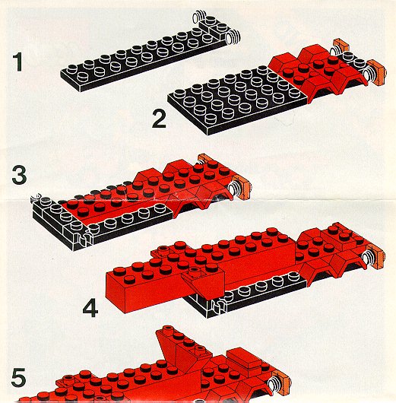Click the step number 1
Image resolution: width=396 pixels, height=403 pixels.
click(x=18, y=62)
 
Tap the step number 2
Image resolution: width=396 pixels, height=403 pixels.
click(x=159, y=119)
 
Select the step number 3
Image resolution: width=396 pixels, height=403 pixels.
click(x=19, y=175)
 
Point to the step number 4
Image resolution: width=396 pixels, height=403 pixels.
click(x=90, y=308)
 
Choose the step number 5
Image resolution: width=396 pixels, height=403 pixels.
click(x=18, y=377)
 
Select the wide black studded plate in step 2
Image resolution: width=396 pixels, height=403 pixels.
click(x=238, y=100)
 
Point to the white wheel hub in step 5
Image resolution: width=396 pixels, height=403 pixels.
click(x=273, y=383)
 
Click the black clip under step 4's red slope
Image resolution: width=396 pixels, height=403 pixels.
click(x=218, y=306)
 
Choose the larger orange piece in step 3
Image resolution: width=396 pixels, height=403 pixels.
click(x=242, y=188)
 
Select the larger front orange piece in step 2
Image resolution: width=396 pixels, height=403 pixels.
click(x=377, y=72)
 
